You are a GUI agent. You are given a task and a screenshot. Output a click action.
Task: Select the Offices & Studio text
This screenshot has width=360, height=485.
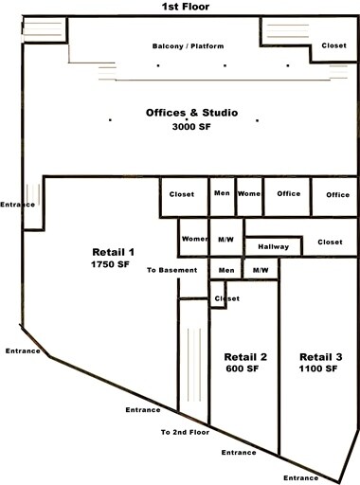pos(191,114)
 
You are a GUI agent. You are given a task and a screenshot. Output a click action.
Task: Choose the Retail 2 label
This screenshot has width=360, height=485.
pos(245,356)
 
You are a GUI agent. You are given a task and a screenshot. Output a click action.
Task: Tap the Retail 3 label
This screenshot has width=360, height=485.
pos(317,356)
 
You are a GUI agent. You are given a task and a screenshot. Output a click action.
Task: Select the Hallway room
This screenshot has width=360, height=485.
pos(273,246)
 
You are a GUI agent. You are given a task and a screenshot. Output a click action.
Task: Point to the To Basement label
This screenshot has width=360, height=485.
pos(171,270)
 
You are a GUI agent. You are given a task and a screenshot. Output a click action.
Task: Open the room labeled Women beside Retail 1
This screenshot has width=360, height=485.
pos(194,239)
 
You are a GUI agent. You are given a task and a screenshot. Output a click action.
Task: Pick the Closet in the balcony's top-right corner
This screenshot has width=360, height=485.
pos(333,45)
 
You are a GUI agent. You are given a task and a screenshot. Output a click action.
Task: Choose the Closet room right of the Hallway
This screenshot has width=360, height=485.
pos(330,242)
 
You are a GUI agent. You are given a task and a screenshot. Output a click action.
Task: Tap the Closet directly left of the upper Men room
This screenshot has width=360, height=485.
pos(182,194)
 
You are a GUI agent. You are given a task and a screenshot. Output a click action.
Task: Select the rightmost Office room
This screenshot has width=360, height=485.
pos(337,194)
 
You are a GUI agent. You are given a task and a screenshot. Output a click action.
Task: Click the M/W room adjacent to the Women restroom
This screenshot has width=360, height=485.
pos(225,239)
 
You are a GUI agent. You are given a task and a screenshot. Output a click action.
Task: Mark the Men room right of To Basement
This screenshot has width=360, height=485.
pos(226,270)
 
